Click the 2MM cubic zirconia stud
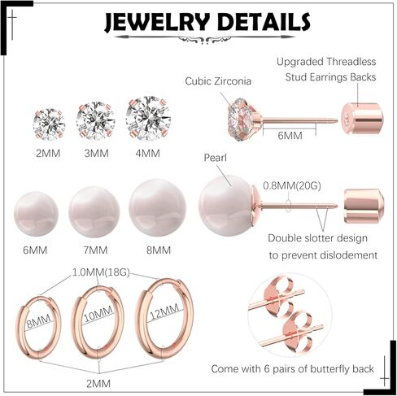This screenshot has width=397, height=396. click(49, 124)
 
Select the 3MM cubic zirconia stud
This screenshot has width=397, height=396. click(95, 121)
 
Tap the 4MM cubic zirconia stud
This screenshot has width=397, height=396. click(148, 119)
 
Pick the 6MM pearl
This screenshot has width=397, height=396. click(36, 214)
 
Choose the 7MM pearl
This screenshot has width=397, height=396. click(94, 211)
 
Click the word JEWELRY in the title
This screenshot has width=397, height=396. click(157, 23)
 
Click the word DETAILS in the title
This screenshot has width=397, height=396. click(264, 22)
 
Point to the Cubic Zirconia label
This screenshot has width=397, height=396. click(218, 81)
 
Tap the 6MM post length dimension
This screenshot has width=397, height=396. click(290, 136)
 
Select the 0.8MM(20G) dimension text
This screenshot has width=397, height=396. click(292, 185)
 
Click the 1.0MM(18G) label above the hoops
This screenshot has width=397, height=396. click(101, 272)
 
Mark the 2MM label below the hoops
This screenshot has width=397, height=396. click(98, 384)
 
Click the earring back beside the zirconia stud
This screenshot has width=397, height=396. click(362, 118)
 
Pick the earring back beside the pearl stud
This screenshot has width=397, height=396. click(364, 206)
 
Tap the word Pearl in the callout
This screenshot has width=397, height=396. click(215, 158)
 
